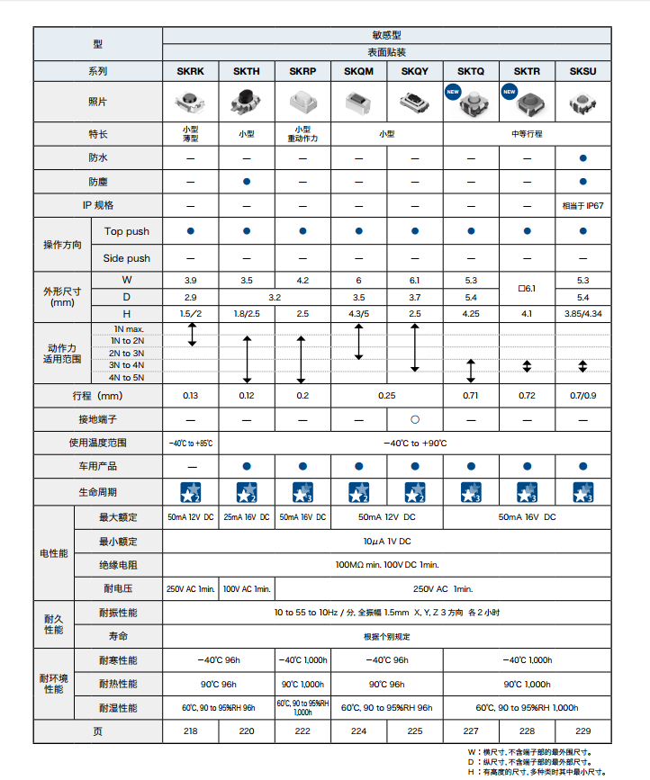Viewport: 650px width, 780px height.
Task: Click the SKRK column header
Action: pyautogui.click(x=191, y=71)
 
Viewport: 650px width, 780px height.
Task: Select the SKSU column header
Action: pyautogui.click(x=582, y=71)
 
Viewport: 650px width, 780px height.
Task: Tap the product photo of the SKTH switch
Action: pyautogui.click(x=247, y=102)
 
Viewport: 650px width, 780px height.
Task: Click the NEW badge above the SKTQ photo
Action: pyautogui.click(x=453, y=91)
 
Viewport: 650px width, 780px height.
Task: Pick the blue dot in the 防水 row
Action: pyautogui.click(x=582, y=157)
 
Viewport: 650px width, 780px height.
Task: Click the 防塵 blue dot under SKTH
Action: pyautogui.click(x=247, y=182)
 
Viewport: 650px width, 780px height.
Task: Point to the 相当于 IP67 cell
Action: pyautogui.click(x=582, y=205)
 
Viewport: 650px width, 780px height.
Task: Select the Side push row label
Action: pyautogui.click(x=127, y=258)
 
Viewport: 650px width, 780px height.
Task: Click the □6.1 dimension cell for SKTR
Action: pyautogui.click(x=527, y=289)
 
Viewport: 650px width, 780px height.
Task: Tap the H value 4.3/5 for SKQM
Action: pyautogui.click(x=358, y=313)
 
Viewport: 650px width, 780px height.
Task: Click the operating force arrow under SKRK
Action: pyautogui.click(x=191, y=335)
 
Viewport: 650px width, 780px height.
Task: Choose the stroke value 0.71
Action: pyautogui.click(x=470, y=396)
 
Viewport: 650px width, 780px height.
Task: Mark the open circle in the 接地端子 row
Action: pyautogui.click(x=414, y=419)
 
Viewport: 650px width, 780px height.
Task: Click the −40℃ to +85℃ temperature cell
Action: pyautogui.click(x=191, y=444)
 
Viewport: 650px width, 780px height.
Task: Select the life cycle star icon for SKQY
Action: pyautogui.click(x=414, y=491)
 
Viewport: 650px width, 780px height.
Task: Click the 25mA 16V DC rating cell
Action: pyautogui.click(x=247, y=517)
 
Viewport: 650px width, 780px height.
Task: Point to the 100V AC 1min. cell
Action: pyautogui.click(x=247, y=588)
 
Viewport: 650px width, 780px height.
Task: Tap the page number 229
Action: pyautogui.click(x=582, y=731)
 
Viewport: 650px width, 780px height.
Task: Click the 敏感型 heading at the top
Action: pyautogui.click(x=386, y=34)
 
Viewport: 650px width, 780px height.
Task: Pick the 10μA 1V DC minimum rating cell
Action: pyautogui.click(x=386, y=541)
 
